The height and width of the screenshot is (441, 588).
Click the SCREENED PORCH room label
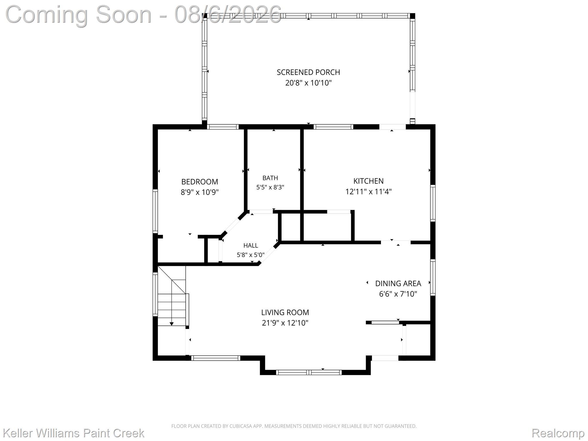click(x=308, y=72)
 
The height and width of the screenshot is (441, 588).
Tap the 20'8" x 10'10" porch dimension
click(x=308, y=83)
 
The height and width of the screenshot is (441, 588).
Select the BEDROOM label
click(x=200, y=182)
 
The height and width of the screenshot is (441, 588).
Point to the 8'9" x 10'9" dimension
click(x=200, y=192)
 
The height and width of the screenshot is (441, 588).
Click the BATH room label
click(x=270, y=178)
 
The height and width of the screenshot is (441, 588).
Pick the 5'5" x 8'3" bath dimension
click(x=270, y=187)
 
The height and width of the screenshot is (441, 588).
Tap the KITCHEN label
click(x=368, y=181)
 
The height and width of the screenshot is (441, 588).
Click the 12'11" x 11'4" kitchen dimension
click(x=368, y=192)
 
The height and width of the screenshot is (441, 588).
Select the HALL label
click(x=251, y=245)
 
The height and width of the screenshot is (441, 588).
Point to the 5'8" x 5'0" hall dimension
click(x=251, y=255)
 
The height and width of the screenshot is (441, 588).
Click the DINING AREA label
click(x=398, y=284)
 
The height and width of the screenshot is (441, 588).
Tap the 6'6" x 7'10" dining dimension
click(x=398, y=294)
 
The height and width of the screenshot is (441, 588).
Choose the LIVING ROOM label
click(x=285, y=312)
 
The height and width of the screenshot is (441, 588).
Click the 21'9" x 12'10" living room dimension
click(x=285, y=323)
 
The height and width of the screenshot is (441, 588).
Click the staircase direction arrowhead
click(x=171, y=324)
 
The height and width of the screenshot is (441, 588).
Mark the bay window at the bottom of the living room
click(x=309, y=372)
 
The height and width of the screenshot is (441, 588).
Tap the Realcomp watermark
click(x=558, y=433)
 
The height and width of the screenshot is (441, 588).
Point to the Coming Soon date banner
click(x=144, y=14)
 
